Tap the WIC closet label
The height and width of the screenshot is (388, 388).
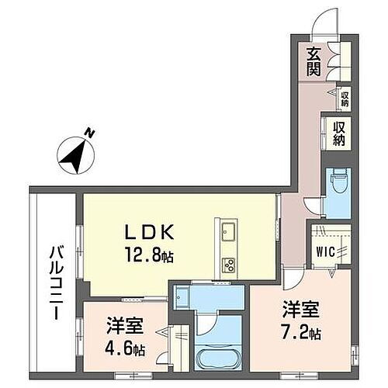[x=324, y=251]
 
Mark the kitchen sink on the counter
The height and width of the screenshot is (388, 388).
[x=230, y=232]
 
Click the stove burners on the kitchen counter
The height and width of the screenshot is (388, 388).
[x=230, y=263]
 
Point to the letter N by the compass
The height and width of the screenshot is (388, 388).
[x=91, y=134]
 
